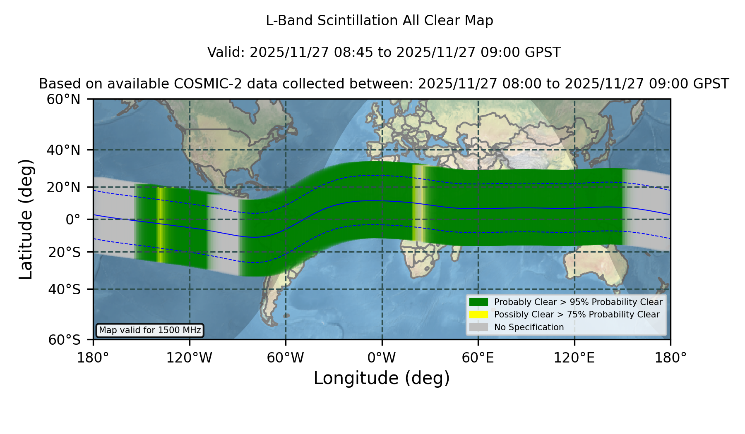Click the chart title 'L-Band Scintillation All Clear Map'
coord(380,21)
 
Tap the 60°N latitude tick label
coord(63,99)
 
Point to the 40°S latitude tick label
coord(64,289)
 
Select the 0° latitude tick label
coord(73,219)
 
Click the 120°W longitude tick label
coord(189,358)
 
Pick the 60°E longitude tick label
coord(478,358)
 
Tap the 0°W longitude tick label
coord(382,358)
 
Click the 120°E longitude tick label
coord(574,358)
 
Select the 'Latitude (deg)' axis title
coord(26,219)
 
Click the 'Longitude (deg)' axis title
coord(382,378)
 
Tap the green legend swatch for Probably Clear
coord(478,302)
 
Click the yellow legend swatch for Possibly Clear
coord(478,314)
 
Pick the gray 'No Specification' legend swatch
coord(478,327)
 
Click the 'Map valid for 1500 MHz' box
coord(150,330)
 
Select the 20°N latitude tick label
coord(63,188)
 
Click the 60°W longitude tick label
coord(286,358)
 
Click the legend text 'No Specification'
coord(529,327)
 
